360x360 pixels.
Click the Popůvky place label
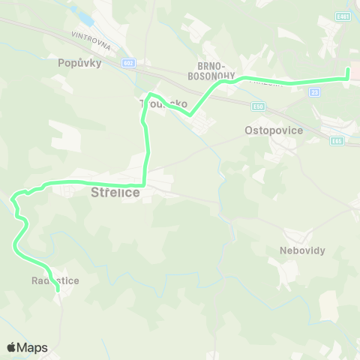79,63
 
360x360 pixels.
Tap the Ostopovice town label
274,130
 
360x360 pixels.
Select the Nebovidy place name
302,250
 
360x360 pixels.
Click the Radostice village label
55,280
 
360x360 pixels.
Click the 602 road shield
130,63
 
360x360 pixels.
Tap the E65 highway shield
337,140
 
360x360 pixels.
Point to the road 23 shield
314,92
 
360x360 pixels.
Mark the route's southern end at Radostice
58,289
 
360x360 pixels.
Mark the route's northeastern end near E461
347,70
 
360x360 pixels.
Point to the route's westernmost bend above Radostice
13,199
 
